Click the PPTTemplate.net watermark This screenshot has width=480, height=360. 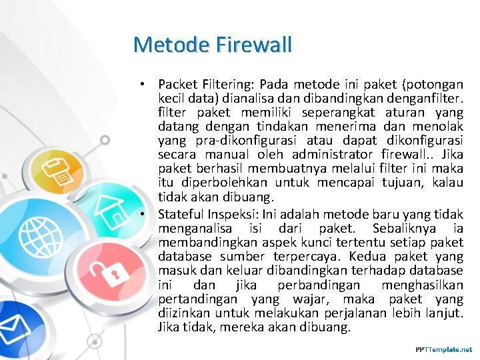tap(443, 349)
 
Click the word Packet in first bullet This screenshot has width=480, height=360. tap(177, 85)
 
